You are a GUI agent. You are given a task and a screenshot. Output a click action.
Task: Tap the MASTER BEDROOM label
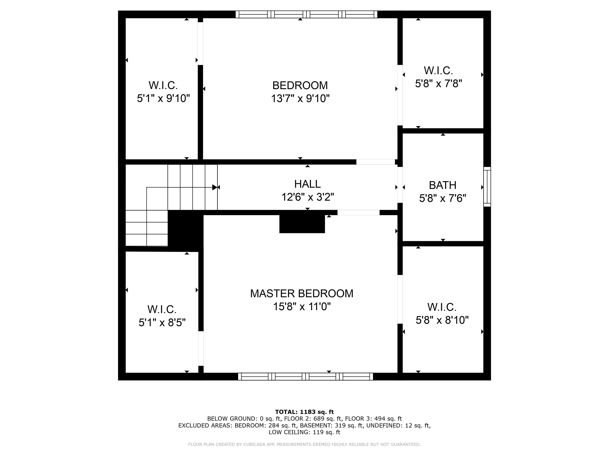[x=302, y=294]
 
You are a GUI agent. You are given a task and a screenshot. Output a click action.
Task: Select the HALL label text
[x=307, y=184]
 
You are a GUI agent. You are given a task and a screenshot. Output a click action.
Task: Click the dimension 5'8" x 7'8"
[x=438, y=84]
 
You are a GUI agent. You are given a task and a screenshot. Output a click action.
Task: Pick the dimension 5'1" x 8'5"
[x=162, y=322]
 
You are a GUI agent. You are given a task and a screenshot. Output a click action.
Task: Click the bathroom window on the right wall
[x=487, y=187]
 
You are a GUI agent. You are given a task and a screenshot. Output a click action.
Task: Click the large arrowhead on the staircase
[x=215, y=187]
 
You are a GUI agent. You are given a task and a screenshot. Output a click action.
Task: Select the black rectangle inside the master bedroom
[x=302, y=224]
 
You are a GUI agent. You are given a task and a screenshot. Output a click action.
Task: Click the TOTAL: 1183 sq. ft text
[x=304, y=412]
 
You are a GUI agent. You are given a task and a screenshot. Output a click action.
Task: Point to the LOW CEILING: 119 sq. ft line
[x=304, y=432]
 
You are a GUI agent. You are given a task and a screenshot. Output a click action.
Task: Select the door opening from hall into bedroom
[x=375, y=162]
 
